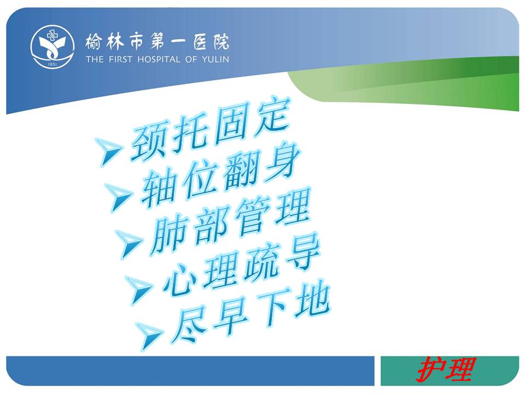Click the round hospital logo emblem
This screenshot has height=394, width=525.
point(52,47)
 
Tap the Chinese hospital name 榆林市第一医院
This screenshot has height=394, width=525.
point(157,42)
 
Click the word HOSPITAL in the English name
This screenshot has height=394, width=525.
point(159,60)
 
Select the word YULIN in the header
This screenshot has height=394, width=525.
point(215,60)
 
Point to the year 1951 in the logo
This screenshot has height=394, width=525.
point(52,65)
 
